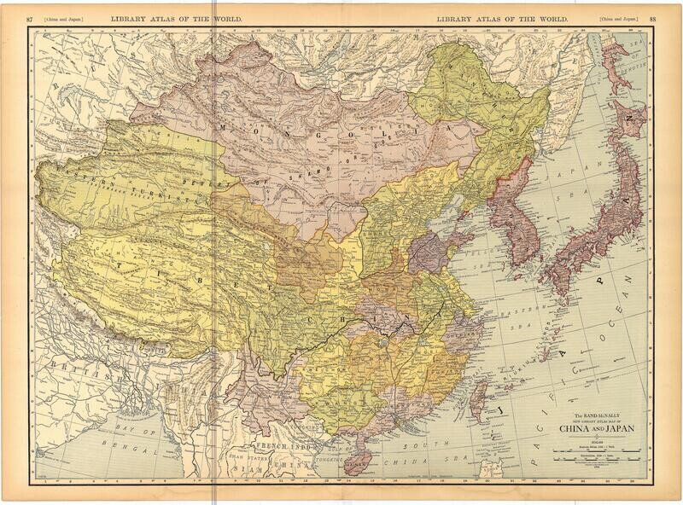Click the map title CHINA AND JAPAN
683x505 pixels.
(595, 428)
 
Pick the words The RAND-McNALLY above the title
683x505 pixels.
(595, 414)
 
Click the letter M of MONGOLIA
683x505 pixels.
(225, 126)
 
